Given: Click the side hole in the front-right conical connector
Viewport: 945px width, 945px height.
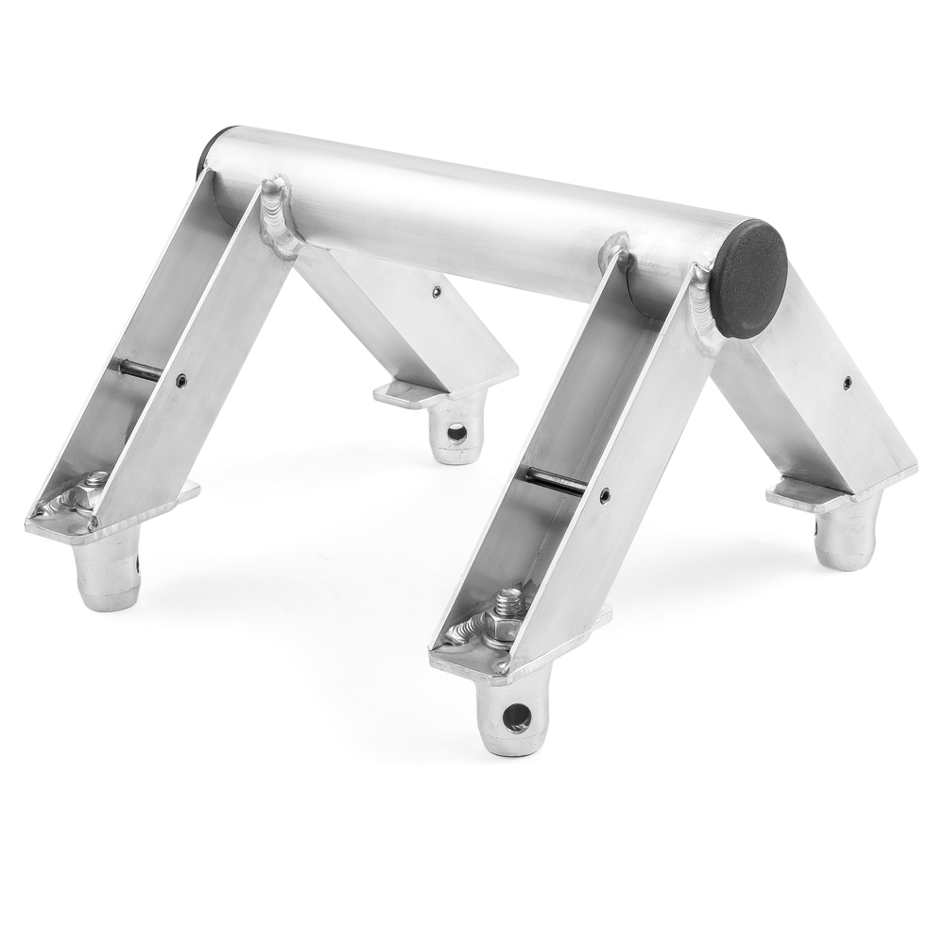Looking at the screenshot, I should pos(516,715).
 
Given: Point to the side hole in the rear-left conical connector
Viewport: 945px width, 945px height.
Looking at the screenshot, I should pos(456,434).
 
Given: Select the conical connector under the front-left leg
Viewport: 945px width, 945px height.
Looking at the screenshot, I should pos(108,573).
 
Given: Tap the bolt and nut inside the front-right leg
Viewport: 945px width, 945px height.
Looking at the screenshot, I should pos(496,620).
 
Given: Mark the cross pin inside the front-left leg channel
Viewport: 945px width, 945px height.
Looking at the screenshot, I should pos(142,372).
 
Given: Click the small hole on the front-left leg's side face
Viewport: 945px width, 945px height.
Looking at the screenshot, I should pos(181,382).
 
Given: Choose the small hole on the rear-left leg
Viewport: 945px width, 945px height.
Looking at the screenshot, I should pos(436,292).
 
